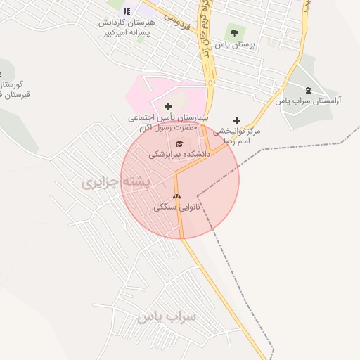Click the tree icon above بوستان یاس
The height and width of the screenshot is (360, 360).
234,32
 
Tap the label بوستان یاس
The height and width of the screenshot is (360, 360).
235,44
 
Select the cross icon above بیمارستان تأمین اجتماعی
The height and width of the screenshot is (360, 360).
168,106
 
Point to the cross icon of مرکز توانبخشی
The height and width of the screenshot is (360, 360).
236,120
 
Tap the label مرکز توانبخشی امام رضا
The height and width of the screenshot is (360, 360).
237,136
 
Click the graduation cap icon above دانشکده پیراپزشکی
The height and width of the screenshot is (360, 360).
178,143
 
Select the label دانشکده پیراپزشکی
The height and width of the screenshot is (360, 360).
178,153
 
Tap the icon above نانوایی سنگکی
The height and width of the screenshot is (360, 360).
176,197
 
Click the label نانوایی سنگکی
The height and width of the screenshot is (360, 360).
177,207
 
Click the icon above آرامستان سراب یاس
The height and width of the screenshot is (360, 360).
308,89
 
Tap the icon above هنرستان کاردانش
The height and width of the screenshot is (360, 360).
127,11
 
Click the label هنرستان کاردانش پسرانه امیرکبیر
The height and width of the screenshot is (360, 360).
126,27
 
